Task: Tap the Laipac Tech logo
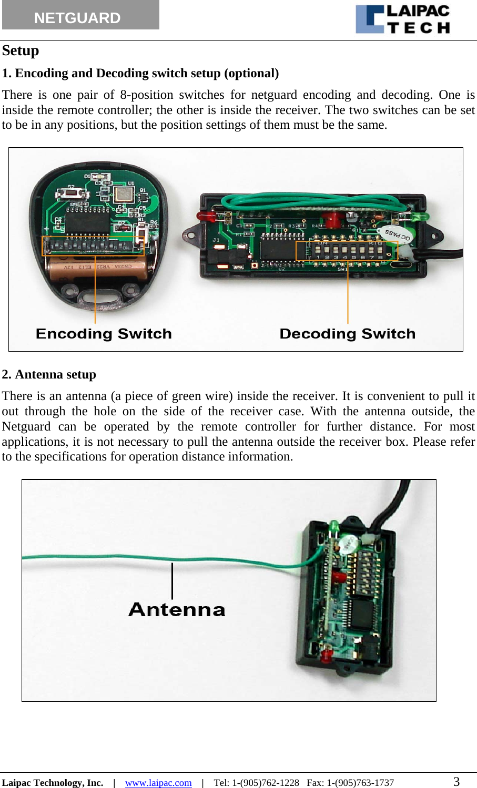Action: click(x=402, y=19)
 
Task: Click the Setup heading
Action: click(x=21, y=50)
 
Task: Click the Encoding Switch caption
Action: click(x=104, y=334)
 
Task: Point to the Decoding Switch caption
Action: click(x=347, y=334)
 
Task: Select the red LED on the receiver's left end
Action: click(x=205, y=216)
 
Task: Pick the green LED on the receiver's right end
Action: click(x=418, y=216)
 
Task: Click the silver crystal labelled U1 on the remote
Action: click(x=125, y=195)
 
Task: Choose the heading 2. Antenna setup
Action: click(x=49, y=374)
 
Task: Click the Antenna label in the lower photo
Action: click(x=177, y=609)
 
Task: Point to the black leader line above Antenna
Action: click(x=172, y=580)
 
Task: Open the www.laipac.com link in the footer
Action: click(x=158, y=782)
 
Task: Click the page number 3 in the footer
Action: click(x=456, y=782)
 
